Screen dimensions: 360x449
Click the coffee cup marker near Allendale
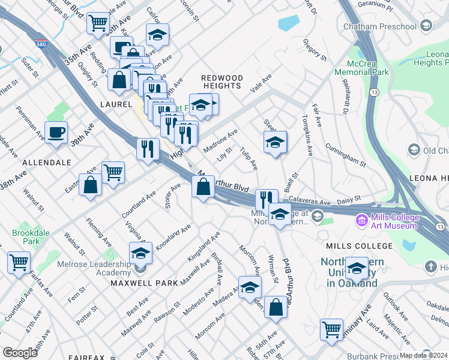point(56,133)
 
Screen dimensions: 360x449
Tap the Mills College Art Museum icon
point(361,221)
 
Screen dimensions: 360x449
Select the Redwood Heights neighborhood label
point(222,82)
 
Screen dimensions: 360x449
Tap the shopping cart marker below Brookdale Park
point(19,262)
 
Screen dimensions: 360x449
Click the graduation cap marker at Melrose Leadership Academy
point(141,253)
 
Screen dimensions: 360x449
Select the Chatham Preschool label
point(379,26)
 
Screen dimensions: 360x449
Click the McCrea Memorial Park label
point(362,68)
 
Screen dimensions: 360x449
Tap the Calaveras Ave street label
point(309,202)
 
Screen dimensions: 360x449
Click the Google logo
point(20,353)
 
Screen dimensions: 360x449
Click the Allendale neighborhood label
point(47,163)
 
